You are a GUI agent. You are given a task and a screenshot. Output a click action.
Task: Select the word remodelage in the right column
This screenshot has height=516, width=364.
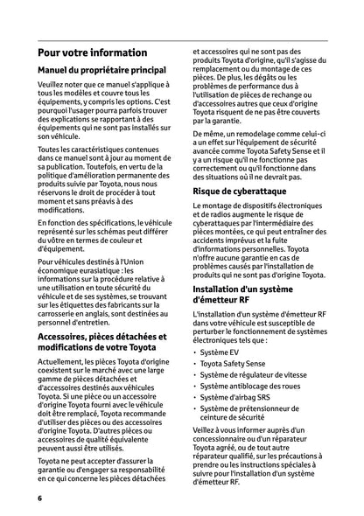tap(249, 135)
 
